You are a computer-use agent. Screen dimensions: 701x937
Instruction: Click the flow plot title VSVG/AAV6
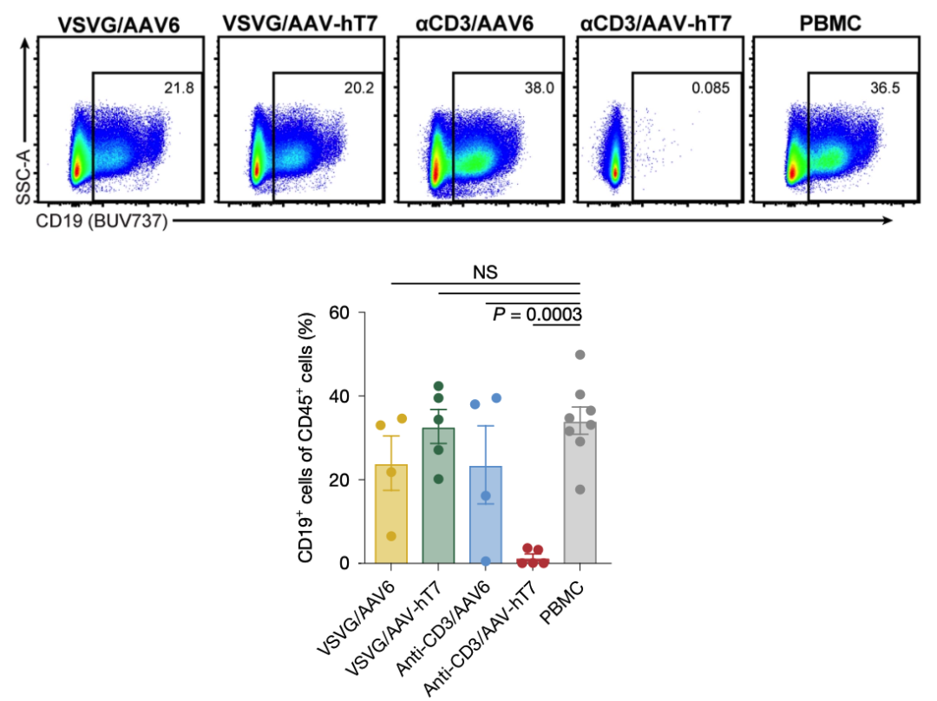119,23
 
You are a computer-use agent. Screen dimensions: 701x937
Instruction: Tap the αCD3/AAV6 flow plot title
475,22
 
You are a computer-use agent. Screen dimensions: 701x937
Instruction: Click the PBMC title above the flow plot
831,22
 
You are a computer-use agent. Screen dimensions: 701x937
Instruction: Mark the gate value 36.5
889,88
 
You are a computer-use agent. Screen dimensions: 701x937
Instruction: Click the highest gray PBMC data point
580,355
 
